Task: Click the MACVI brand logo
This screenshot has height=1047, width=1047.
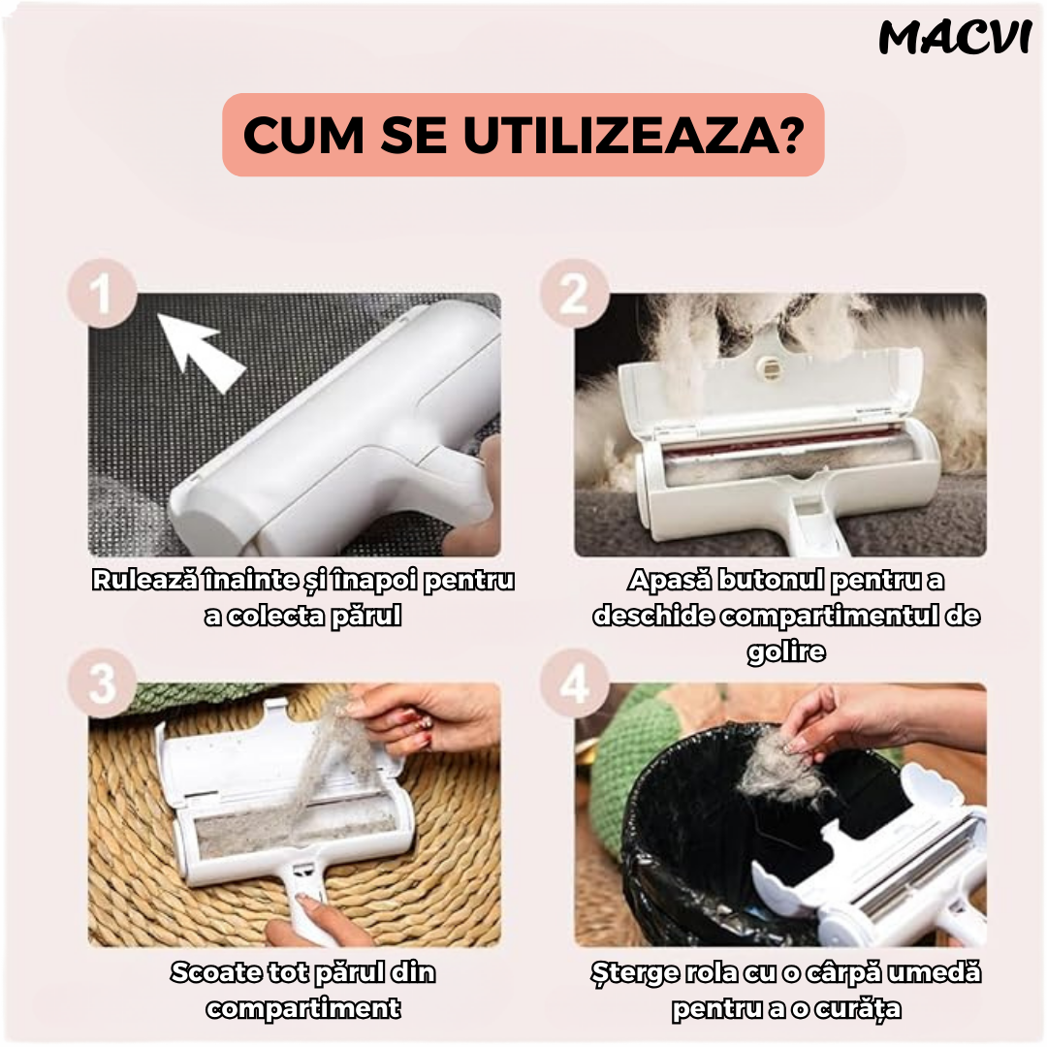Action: [x=955, y=38]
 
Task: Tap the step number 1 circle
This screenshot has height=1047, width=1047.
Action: [x=102, y=293]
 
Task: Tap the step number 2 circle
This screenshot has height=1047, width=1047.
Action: [x=574, y=293]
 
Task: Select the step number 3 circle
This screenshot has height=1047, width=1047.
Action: [x=102, y=683]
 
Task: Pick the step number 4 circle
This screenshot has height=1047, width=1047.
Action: [x=574, y=683]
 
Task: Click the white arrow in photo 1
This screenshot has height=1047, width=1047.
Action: [x=201, y=351]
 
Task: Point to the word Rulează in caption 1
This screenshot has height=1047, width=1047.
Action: [x=144, y=580]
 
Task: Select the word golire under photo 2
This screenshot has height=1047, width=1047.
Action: [x=786, y=651]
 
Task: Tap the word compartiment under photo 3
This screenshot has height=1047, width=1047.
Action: [x=303, y=1008]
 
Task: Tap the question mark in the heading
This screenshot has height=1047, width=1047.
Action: [x=792, y=135]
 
